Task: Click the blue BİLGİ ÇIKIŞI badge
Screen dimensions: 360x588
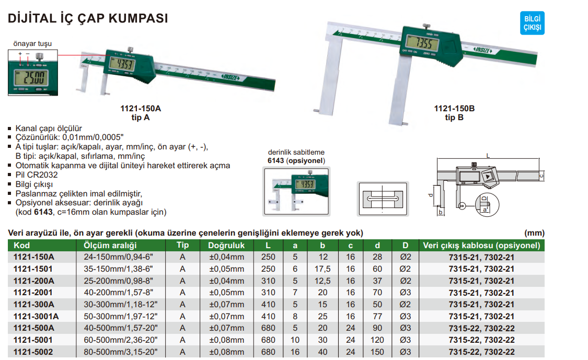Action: (x=532, y=24)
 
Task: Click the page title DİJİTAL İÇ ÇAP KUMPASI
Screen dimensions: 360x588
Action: (x=88, y=18)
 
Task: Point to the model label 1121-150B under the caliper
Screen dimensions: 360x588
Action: (x=454, y=109)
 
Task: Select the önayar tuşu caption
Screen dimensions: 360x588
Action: (x=32, y=43)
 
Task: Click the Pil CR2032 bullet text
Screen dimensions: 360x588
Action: (x=37, y=175)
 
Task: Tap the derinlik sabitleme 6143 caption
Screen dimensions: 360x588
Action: (x=296, y=156)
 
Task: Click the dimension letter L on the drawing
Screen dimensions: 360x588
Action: (x=488, y=155)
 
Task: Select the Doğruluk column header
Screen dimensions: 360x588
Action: (x=226, y=245)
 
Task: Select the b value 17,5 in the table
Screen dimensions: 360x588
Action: (x=323, y=269)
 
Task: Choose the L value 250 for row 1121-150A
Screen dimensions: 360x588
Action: (x=268, y=257)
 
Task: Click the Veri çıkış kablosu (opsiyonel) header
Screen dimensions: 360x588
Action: (x=481, y=245)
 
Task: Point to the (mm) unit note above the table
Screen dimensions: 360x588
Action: (x=534, y=233)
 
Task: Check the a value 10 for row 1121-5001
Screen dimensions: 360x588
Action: (x=295, y=340)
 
